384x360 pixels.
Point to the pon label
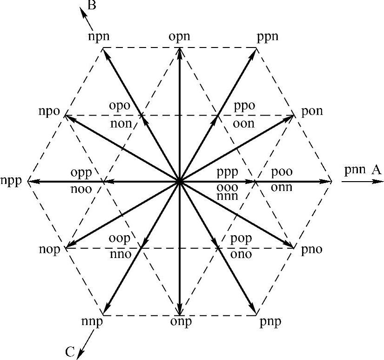pos(312,112)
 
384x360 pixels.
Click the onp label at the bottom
pos(180,322)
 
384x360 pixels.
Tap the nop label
pos(50,249)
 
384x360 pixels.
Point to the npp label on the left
pos(12,181)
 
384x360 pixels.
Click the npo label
pos(50,112)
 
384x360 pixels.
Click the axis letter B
pos(92,6)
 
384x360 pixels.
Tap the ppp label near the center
pos(228,171)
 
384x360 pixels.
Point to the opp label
pos(82,171)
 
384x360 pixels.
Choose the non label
pos(122,123)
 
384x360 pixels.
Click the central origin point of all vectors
pos(180,181)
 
